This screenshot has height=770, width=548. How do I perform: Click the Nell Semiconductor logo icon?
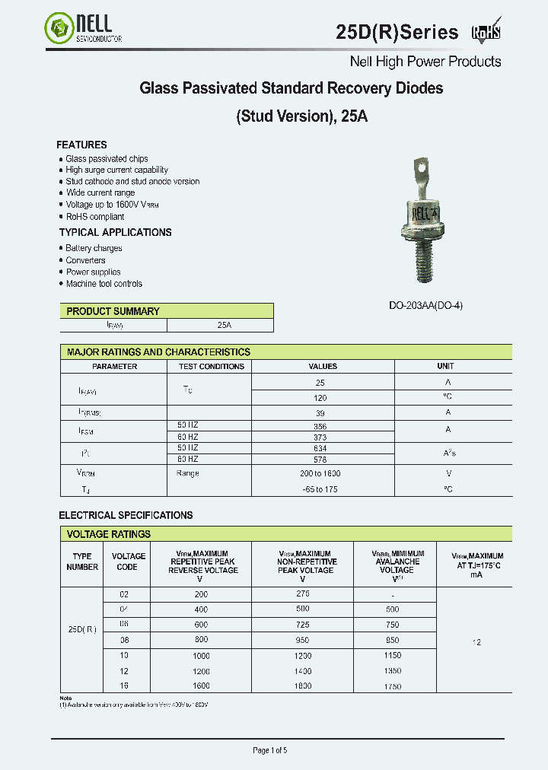[x=59, y=30]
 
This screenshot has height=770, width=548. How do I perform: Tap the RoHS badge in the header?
[x=486, y=31]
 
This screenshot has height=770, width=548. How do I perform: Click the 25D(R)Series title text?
[x=397, y=32]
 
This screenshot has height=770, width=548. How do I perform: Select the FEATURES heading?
[x=81, y=145]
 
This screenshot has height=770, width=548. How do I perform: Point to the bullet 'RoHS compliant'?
[x=94, y=217]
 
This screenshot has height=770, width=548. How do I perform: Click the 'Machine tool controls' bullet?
[x=104, y=284]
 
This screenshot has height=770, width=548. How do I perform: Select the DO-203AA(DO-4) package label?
[x=425, y=305]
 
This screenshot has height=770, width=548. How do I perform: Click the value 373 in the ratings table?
[x=320, y=437]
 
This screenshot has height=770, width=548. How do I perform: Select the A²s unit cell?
[x=448, y=453]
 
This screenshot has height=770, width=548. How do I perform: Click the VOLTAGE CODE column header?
[x=128, y=562]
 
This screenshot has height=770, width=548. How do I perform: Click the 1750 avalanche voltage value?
[x=393, y=687]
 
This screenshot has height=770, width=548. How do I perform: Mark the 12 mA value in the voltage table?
[x=476, y=642]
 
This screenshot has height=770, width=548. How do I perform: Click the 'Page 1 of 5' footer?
[x=269, y=750]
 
